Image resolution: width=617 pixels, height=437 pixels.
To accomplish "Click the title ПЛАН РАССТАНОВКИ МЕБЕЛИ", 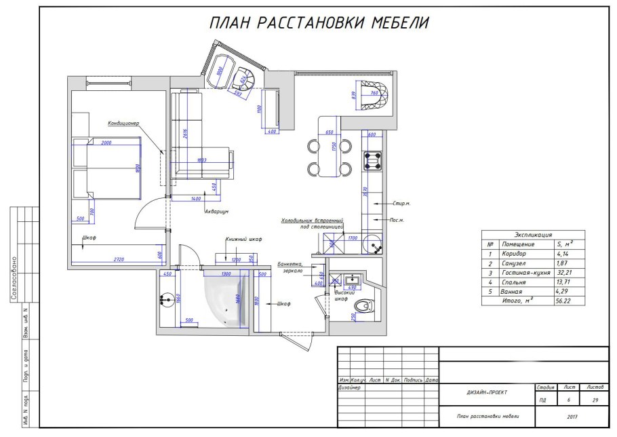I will [x=319, y=23].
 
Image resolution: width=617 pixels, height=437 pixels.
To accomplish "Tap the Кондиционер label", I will [x=123, y=123].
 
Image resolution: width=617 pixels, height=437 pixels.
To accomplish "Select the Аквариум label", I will [x=216, y=211].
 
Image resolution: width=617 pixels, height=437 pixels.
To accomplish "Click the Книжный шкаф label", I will [x=243, y=240].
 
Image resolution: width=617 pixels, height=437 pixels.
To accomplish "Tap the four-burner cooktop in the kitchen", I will [x=373, y=161].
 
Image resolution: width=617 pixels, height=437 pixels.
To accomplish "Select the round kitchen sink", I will [x=374, y=243].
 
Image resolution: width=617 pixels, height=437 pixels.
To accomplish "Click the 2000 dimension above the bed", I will [x=107, y=143].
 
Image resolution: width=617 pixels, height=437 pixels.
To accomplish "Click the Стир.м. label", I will [x=401, y=203].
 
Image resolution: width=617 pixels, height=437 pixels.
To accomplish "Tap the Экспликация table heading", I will [x=533, y=234].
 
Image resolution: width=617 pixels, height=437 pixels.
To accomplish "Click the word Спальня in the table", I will [x=513, y=281].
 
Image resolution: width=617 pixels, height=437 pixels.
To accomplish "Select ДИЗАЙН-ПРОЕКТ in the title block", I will [x=486, y=392].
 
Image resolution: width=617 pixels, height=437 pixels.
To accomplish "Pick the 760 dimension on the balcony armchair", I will [x=375, y=94].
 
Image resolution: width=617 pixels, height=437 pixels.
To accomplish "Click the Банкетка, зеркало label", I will [x=294, y=267].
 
